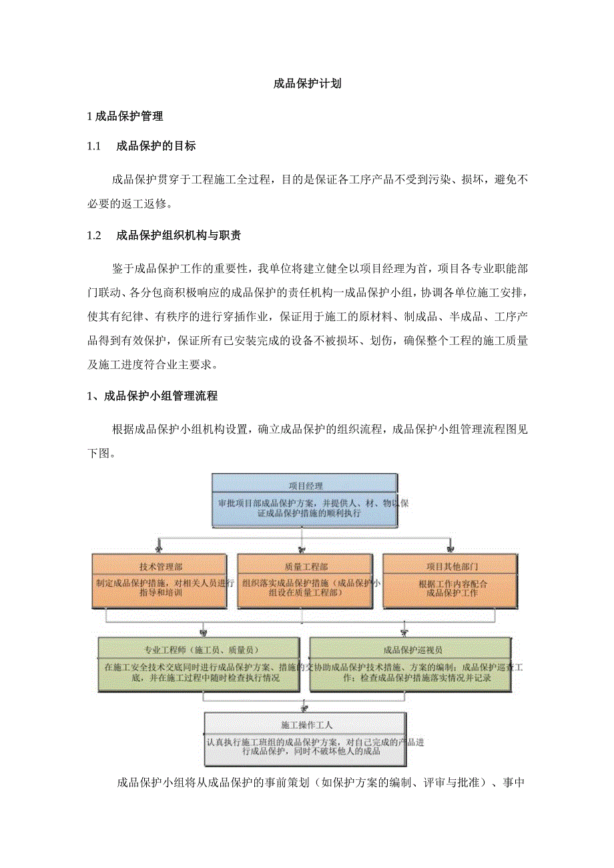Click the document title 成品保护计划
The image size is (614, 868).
click(308, 84)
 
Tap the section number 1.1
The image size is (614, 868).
click(93, 145)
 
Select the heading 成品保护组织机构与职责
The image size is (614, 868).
click(178, 235)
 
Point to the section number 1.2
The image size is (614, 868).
click(93, 235)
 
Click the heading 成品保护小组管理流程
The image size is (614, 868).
click(160, 396)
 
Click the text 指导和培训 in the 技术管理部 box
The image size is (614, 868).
click(163, 592)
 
